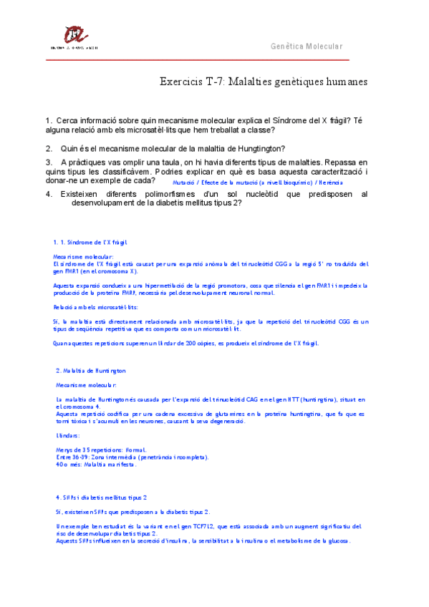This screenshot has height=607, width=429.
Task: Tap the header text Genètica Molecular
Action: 307,47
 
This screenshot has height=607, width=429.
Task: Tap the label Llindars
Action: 68,435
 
